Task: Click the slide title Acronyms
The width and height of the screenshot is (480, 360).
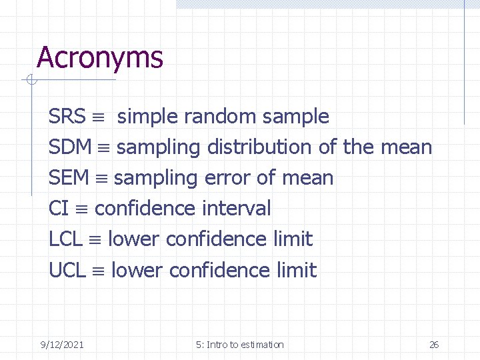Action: pyautogui.click(x=100, y=58)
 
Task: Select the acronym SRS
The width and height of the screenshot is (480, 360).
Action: pyautogui.click(x=67, y=117)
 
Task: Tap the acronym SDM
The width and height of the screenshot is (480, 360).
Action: pyautogui.click(x=71, y=147)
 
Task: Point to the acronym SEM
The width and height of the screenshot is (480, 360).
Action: pyautogui.click(x=69, y=178)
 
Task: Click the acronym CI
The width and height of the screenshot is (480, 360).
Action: pyautogui.click(x=59, y=209)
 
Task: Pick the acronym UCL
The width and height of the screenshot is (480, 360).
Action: pyautogui.click(x=67, y=270)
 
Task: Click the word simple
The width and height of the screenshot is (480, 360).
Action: pyautogui.click(x=147, y=117)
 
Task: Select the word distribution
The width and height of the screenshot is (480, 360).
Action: pyautogui.click(x=259, y=147)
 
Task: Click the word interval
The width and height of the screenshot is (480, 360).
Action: pyautogui.click(x=236, y=209)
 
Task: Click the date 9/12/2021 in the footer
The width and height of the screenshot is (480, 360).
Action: pyautogui.click(x=62, y=345)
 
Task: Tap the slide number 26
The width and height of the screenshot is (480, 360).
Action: pyautogui.click(x=434, y=345)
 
